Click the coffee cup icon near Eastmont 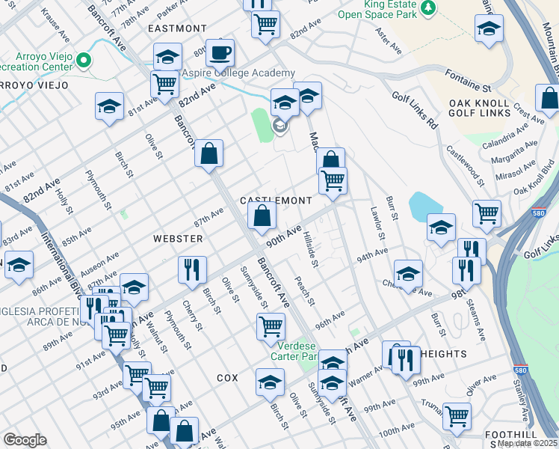pyautogui.click(x=220, y=53)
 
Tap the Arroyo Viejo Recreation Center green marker pyautogui.click(x=84, y=61)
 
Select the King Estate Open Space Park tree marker pyautogui.click(x=428, y=8)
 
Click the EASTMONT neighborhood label pyautogui.click(x=177, y=28)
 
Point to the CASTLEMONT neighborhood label pyautogui.click(x=275, y=201)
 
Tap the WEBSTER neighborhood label pyautogui.click(x=178, y=239)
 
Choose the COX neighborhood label pyautogui.click(x=227, y=378)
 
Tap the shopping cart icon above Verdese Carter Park pyautogui.click(x=270, y=326)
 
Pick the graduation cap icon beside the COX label pyautogui.click(x=270, y=382)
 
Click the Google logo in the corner pyautogui.click(x=25, y=440)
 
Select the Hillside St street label pyautogui.click(x=311, y=250)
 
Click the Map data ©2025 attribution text pyautogui.click(x=526, y=443)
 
